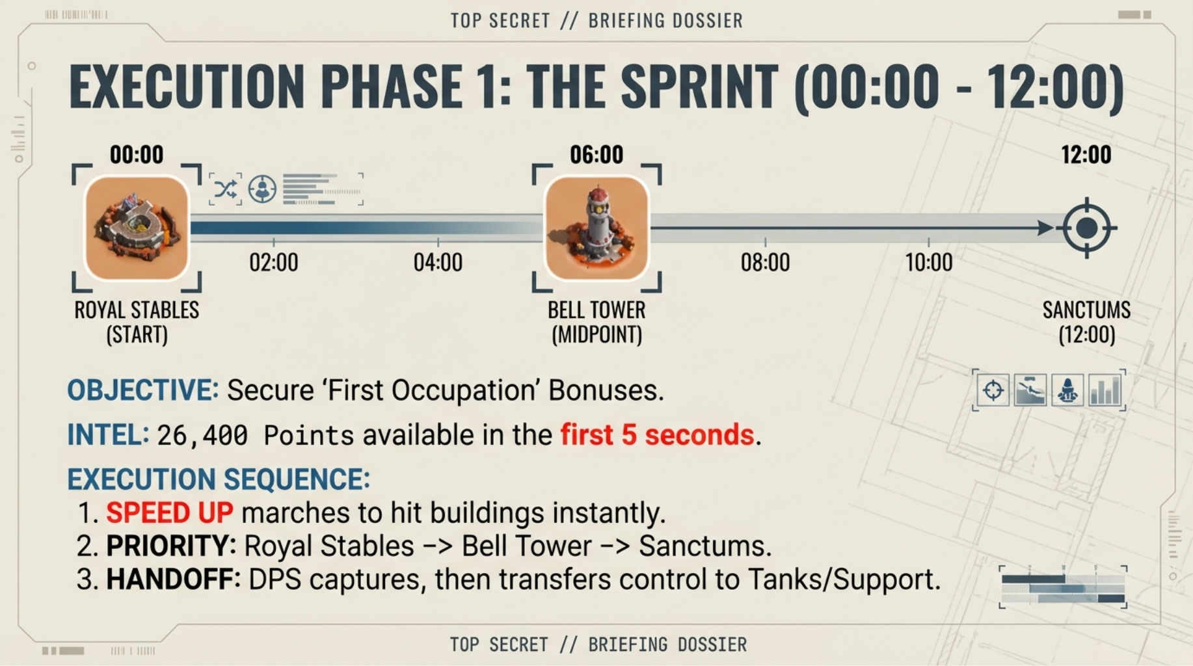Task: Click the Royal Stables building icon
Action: (x=137, y=228)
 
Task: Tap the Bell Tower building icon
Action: (x=596, y=228)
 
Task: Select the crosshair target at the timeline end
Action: (x=1086, y=228)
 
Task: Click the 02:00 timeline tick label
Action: (x=274, y=263)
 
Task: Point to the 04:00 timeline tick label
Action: (x=438, y=263)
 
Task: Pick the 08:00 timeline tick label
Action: (x=765, y=263)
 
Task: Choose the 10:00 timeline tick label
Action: (x=929, y=263)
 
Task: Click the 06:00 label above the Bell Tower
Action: (x=596, y=155)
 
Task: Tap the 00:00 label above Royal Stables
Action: (x=137, y=155)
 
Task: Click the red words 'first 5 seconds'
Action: (x=657, y=434)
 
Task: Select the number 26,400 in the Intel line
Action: (x=202, y=435)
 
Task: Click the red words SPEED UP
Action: (x=170, y=513)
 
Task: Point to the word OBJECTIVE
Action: (x=143, y=390)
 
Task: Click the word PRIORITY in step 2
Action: (x=171, y=546)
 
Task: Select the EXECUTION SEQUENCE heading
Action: (x=219, y=479)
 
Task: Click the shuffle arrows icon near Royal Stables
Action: (x=226, y=189)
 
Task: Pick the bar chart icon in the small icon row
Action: (x=1105, y=390)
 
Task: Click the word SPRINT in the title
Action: (x=699, y=87)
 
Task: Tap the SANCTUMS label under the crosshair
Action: (x=1086, y=310)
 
